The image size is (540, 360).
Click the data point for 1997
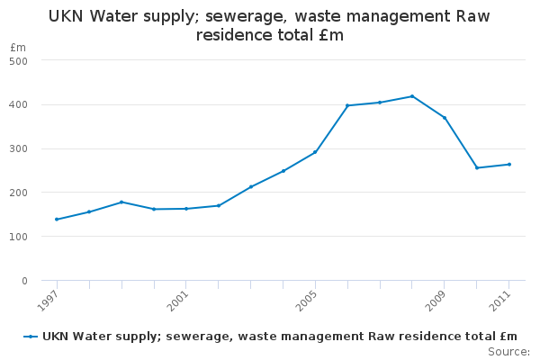click(57, 220)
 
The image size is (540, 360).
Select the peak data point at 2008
click(412, 96)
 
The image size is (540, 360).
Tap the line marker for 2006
click(347, 105)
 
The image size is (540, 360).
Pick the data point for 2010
click(477, 167)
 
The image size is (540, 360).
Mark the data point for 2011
click(509, 165)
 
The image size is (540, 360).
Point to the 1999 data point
click(121, 202)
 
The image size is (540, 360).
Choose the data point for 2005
click(315, 152)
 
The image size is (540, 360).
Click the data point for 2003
click(251, 187)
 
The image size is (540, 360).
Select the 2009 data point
click(445, 118)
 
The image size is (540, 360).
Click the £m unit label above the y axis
click(18, 47)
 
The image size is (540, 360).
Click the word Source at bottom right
click(508, 351)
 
